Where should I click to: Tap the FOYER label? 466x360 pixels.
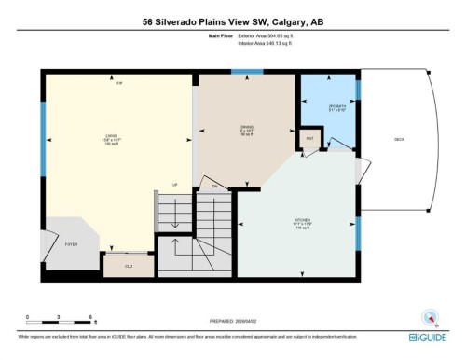pyautogui.click(x=70, y=244)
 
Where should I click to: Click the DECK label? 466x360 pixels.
pyautogui.click(x=399, y=139)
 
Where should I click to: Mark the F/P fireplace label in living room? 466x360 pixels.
pyautogui.click(x=118, y=84)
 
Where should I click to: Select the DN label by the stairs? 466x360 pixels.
pyautogui.click(x=214, y=187)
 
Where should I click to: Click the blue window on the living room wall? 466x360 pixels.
pyautogui.click(x=43, y=124)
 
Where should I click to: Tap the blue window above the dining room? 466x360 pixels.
pyautogui.click(x=246, y=71)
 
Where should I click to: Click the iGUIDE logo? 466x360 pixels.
pyautogui.click(x=431, y=337)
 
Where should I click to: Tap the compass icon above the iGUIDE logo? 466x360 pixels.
pyautogui.click(x=432, y=317)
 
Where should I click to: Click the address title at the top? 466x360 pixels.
pyautogui.click(x=232, y=21)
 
